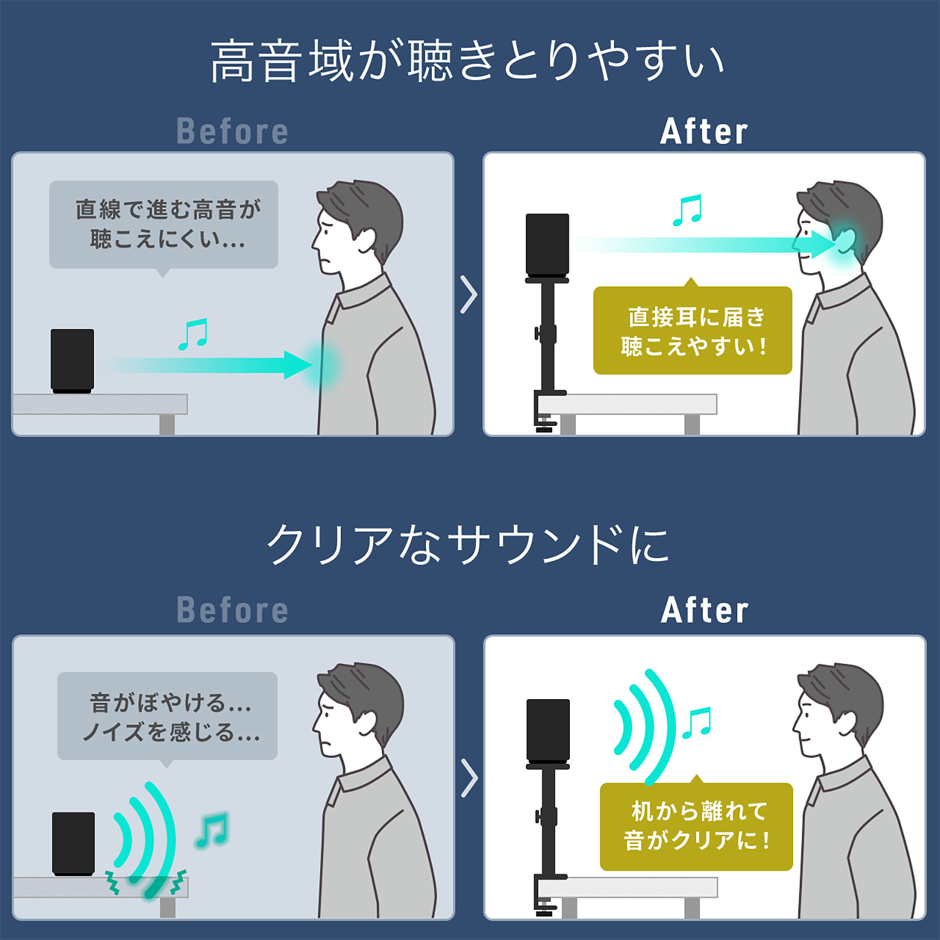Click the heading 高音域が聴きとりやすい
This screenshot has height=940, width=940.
[x=467, y=61]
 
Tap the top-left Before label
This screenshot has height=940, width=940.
[x=233, y=132]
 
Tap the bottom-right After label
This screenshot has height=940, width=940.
[x=704, y=610]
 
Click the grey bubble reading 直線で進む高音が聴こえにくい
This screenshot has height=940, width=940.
[x=163, y=224]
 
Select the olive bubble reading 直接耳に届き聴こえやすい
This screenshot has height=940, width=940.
[x=693, y=331]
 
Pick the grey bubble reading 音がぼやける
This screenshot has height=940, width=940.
[x=167, y=716]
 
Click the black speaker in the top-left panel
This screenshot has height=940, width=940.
[x=72, y=360]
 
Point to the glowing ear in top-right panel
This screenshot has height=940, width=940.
[x=844, y=240]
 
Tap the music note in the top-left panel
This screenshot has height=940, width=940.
[x=193, y=334]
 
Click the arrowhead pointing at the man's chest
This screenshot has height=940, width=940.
[x=298, y=365]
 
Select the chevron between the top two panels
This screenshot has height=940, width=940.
[x=468, y=294]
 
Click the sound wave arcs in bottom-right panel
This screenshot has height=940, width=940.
[x=644, y=727]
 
